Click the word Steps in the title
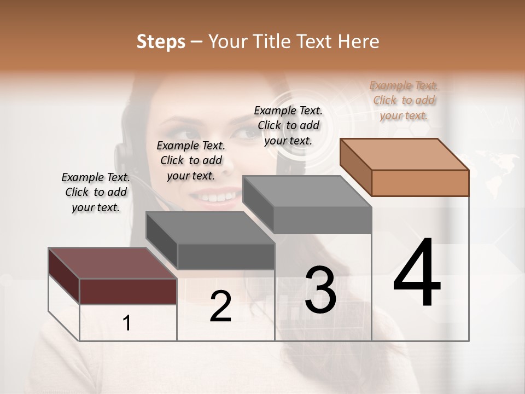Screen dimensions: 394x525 tap(161, 42)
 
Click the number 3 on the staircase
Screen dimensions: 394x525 tap(320, 291)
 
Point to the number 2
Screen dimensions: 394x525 tap(221, 306)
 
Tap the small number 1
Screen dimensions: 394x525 tap(127, 323)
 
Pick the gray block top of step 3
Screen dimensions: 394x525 tap(306, 191)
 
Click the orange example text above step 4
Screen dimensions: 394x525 tap(404, 100)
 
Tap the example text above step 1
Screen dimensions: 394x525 tap(96, 192)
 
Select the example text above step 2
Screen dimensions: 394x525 tap(191, 160)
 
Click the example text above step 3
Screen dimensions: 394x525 tap(288, 125)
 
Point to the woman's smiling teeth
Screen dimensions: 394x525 tap(214, 196)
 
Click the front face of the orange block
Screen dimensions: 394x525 tap(420, 183)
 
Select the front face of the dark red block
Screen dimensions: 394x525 tap(128, 291)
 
